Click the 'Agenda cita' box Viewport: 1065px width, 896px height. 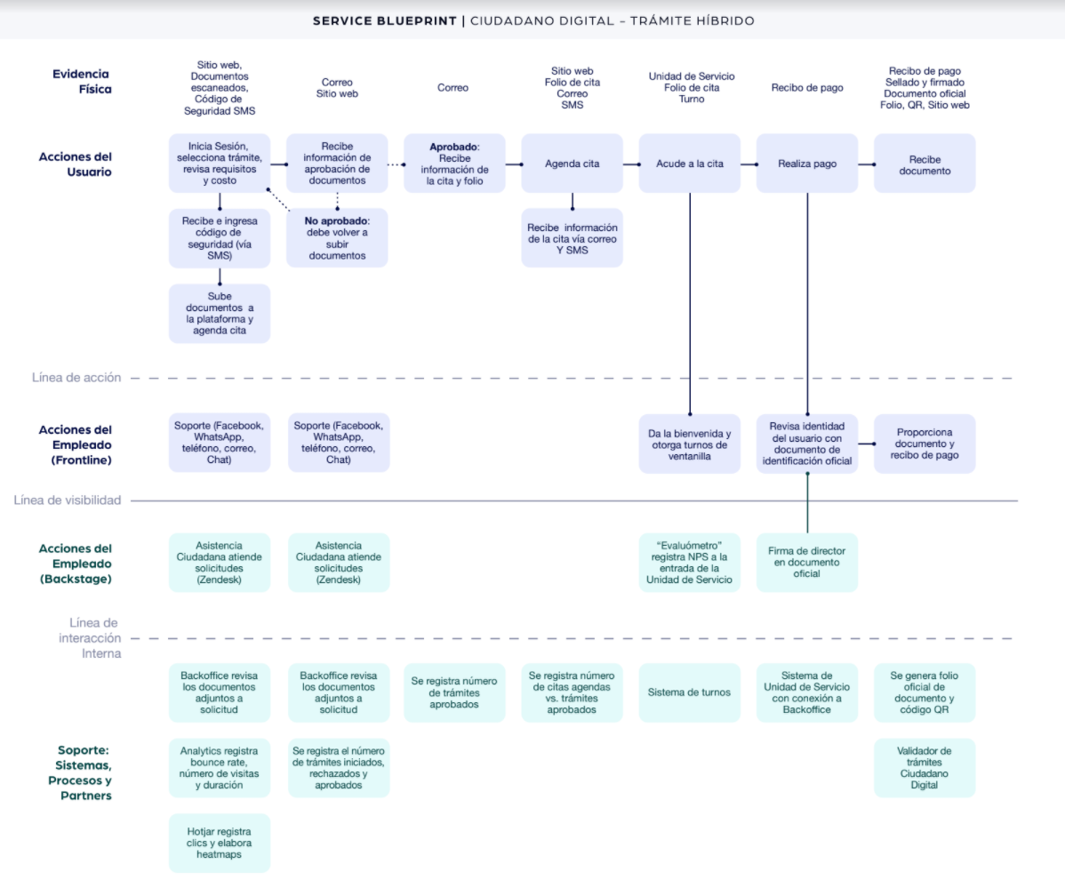(x=572, y=164)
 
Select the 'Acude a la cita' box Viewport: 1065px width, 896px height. (x=689, y=164)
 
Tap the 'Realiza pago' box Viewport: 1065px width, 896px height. (x=806, y=164)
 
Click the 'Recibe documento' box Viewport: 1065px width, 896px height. (x=925, y=164)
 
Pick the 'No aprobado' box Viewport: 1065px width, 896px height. (x=337, y=237)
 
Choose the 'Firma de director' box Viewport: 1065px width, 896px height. (x=806, y=562)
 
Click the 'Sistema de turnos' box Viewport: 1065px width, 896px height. (x=689, y=692)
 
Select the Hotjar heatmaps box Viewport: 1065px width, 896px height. (x=220, y=843)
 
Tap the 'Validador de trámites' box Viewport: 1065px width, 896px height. (x=925, y=768)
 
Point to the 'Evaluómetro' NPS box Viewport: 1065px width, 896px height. (x=689, y=562)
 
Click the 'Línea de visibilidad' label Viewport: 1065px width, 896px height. (x=68, y=500)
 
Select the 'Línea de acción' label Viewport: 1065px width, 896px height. (x=76, y=378)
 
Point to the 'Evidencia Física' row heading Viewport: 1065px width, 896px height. (x=81, y=82)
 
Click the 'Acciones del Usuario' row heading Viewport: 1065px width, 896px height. (x=76, y=164)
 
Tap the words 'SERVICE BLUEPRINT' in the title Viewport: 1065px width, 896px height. (x=383, y=20)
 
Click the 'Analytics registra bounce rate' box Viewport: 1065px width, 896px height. (x=220, y=768)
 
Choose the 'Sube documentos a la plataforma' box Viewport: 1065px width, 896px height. (x=220, y=313)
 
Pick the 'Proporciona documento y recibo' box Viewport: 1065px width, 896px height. (x=925, y=444)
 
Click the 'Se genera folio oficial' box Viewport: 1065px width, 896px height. (x=925, y=692)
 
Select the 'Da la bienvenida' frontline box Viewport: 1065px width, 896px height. (x=689, y=444)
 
